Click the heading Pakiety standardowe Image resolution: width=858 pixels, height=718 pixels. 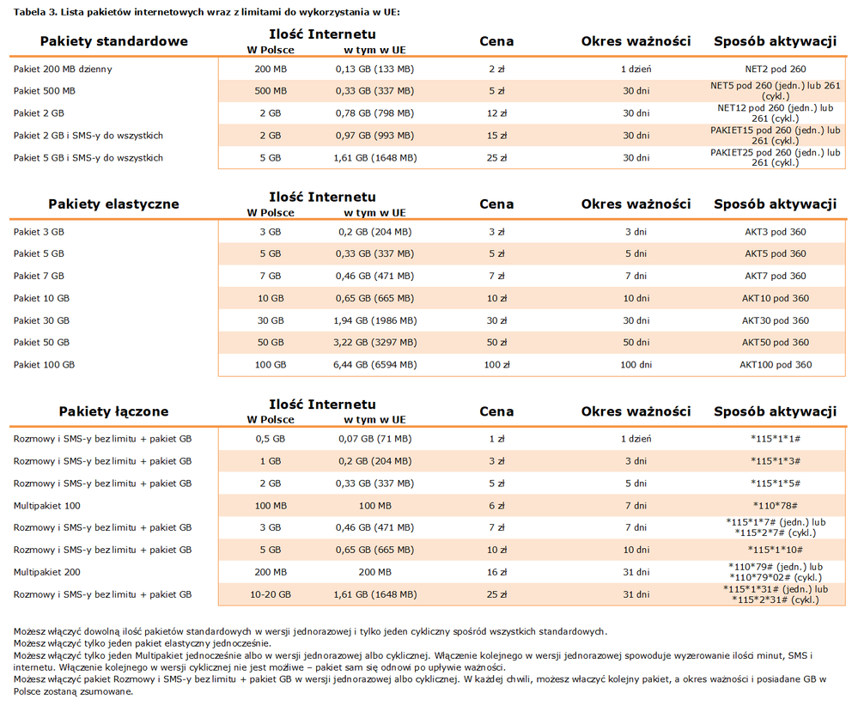click(x=113, y=41)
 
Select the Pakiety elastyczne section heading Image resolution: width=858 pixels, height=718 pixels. click(x=113, y=204)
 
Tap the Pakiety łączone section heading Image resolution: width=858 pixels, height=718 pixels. click(x=113, y=411)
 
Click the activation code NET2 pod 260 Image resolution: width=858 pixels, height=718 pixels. click(x=776, y=69)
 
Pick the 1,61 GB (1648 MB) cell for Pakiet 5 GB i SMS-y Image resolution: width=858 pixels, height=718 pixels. click(x=374, y=158)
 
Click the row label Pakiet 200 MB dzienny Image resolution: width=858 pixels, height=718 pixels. click(x=63, y=69)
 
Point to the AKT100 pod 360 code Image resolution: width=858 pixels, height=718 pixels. click(x=776, y=365)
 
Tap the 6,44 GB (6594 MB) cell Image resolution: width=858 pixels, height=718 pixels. click(x=374, y=365)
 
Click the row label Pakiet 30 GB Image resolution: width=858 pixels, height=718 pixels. click(x=41, y=320)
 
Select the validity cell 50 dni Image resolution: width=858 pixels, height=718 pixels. click(x=636, y=343)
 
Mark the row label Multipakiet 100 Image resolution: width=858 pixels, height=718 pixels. click(x=47, y=506)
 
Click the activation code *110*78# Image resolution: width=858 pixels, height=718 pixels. click(x=776, y=506)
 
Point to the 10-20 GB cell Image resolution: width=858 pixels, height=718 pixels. click(x=271, y=594)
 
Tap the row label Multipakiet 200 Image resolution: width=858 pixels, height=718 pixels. click(x=47, y=572)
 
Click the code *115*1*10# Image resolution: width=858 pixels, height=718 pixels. click(x=776, y=550)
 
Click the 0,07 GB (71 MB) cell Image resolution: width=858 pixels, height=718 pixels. click(x=374, y=439)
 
